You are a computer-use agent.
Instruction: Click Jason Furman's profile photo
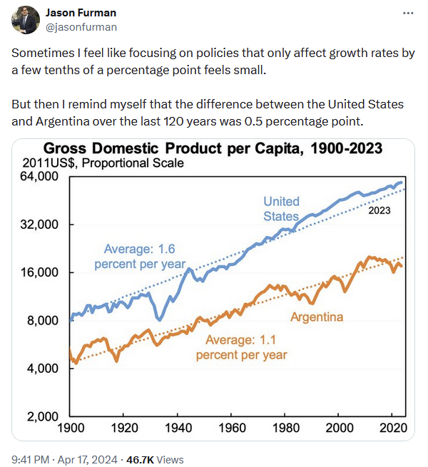(25, 20)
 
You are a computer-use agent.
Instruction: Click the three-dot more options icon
(407, 13)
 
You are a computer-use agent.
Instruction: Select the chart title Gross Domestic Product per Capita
(213, 149)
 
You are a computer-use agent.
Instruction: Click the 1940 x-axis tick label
(179, 428)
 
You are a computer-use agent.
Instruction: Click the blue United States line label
(281, 209)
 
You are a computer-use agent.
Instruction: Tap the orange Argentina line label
(317, 317)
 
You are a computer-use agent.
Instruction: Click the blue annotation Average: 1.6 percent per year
(139, 256)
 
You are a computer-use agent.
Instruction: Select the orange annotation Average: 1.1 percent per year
(241, 347)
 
